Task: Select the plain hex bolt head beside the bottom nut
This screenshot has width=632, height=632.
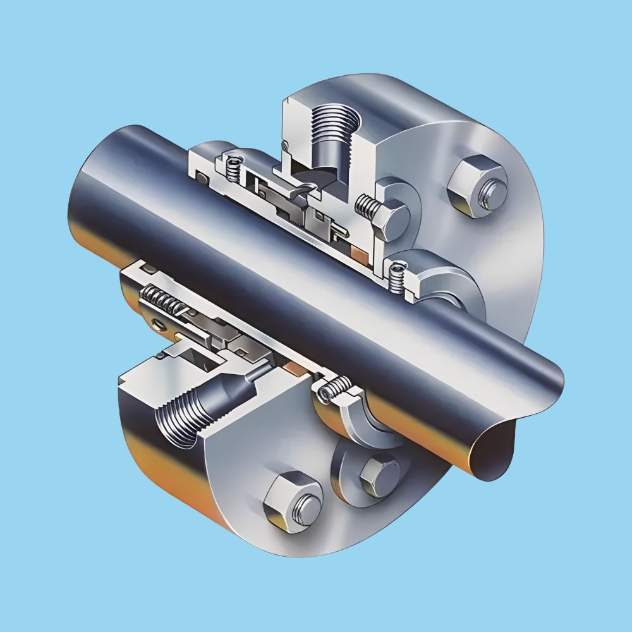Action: tap(378, 475)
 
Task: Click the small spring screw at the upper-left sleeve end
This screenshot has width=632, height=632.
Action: tap(234, 166)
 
